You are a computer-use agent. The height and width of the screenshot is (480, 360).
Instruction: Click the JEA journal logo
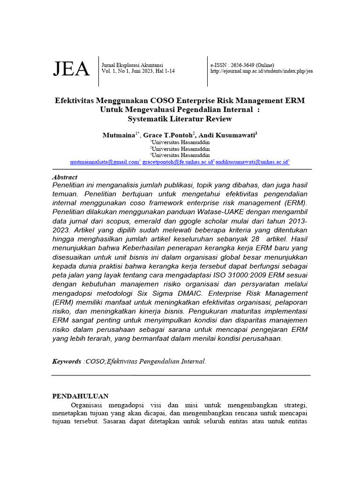click(x=71, y=69)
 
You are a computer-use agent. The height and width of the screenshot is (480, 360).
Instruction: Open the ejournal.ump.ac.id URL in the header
click(x=262, y=71)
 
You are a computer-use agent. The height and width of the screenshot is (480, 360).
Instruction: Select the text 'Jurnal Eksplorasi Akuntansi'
click(x=132, y=65)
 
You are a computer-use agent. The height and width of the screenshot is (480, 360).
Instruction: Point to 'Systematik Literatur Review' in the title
click(x=180, y=119)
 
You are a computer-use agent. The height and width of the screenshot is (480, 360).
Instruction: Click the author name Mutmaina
click(x=119, y=135)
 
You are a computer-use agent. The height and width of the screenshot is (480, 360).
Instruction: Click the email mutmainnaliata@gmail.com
click(x=105, y=162)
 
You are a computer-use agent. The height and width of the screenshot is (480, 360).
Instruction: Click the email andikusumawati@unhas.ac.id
click(x=252, y=162)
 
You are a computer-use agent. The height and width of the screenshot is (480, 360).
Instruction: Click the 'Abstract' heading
click(x=64, y=177)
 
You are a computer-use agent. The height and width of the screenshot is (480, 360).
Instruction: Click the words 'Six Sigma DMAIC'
click(x=176, y=293)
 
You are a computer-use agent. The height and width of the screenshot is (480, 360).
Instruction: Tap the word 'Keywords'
click(x=66, y=361)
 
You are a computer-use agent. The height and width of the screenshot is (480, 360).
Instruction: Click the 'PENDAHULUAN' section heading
click(x=80, y=396)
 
